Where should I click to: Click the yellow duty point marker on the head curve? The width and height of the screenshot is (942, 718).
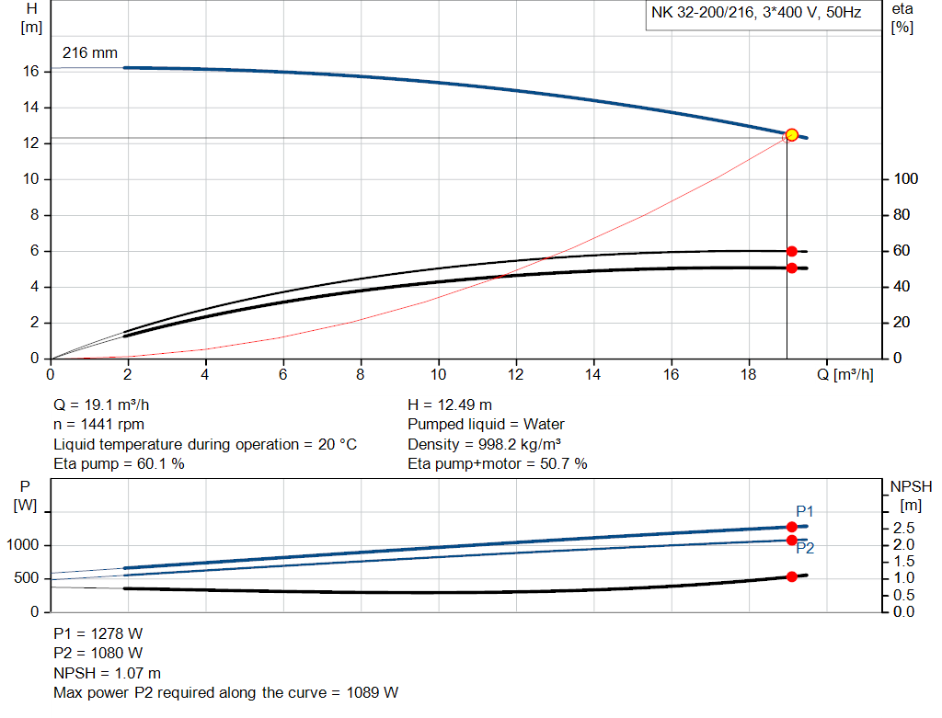[x=791, y=135]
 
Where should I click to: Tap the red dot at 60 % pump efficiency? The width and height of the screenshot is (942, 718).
[x=791, y=251]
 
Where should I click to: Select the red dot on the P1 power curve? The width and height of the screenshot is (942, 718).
[x=791, y=527]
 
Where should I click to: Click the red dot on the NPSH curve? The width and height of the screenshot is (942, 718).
[x=791, y=576]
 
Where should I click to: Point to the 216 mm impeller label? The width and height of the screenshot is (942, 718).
[x=89, y=53]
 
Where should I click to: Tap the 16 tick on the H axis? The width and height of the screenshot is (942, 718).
[x=31, y=71]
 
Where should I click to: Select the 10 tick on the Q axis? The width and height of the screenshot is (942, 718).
[x=439, y=374]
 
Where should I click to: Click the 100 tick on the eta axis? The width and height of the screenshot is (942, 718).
[x=902, y=179]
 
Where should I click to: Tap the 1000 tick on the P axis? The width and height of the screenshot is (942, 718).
[x=24, y=545]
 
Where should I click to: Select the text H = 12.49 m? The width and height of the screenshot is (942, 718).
[x=449, y=405]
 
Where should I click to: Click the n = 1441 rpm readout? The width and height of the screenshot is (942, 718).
[x=98, y=425]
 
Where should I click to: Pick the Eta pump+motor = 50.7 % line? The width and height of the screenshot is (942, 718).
[x=497, y=464]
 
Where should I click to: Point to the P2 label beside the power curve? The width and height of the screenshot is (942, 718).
[x=805, y=548]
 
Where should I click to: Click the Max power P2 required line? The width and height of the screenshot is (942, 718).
[x=226, y=692]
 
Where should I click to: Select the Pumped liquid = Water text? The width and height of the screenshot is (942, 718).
[x=486, y=425]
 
